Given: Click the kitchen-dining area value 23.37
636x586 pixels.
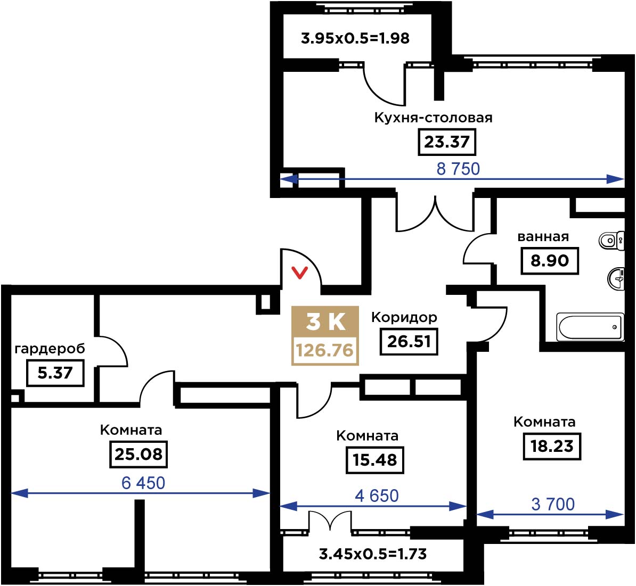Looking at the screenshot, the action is coord(446,142).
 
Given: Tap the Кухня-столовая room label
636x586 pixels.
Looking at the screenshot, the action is coord(433,118).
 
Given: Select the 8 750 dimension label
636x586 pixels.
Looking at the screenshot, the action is coord(458,169).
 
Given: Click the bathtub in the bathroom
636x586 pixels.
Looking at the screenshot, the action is coord(590,327).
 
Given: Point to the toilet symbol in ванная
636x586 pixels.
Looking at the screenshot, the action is coord(611,241).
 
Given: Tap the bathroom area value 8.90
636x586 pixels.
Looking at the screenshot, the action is coord(550,261).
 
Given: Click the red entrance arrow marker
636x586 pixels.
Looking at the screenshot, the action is coord(300,273).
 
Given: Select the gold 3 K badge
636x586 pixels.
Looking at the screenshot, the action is coord(325,322).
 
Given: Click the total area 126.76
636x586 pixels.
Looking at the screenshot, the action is coord(325,350).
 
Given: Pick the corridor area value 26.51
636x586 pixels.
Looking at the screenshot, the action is coord(409,342).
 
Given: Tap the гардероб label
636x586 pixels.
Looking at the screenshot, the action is coord(50,349).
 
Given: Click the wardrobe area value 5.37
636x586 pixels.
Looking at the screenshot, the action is coord(55,373).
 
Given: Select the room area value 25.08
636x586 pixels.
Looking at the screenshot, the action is coord(138,455).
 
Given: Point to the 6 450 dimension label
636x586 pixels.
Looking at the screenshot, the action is coord(143,483).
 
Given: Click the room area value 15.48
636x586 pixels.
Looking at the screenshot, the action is coord(374,460).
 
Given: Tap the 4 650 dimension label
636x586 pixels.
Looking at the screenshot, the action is coord(377,496).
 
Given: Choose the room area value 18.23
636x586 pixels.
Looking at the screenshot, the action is coord(552,446).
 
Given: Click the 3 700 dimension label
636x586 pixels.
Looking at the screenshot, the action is coord(553,504).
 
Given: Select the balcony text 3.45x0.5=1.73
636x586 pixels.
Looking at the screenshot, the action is coord(373,554).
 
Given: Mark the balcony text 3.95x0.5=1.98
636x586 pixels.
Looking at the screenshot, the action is coord(355,38).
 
